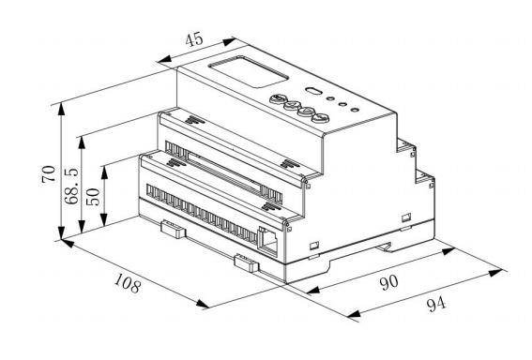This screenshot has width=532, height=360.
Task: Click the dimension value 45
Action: (x=194, y=39)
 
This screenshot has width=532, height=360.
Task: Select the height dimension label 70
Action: (x=49, y=173)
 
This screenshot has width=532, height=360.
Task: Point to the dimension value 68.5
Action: (x=71, y=186)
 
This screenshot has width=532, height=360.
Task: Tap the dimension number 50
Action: (x=93, y=197)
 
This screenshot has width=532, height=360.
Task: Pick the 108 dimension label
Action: (x=127, y=283)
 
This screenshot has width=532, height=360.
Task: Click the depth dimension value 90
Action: (x=388, y=282)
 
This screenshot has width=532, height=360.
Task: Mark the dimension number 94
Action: (x=436, y=304)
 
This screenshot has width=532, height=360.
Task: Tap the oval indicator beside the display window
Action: (x=313, y=91)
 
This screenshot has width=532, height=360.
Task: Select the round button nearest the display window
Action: (x=277, y=99)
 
